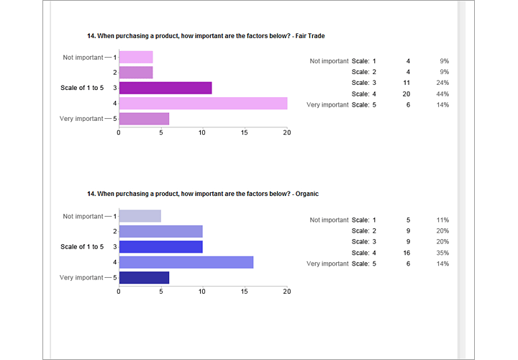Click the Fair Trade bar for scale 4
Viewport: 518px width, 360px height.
pyautogui.click(x=203, y=103)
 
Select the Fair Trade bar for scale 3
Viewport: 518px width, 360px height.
pyautogui.click(x=165, y=88)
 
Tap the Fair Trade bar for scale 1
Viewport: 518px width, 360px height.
pyautogui.click(x=135, y=57)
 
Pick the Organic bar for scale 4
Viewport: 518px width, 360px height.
pyautogui.click(x=186, y=262)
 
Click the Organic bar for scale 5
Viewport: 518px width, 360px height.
pyautogui.click(x=144, y=277)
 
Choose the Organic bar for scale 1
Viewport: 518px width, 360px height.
pyautogui.click(x=140, y=216)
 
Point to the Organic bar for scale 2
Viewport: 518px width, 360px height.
pyautogui.click(x=160, y=231)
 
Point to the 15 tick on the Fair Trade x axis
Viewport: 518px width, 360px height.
pyautogui.click(x=245, y=132)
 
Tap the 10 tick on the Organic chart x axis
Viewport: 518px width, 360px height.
pyautogui.click(x=203, y=292)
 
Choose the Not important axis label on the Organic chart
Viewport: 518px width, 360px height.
pyautogui.click(x=83, y=216)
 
